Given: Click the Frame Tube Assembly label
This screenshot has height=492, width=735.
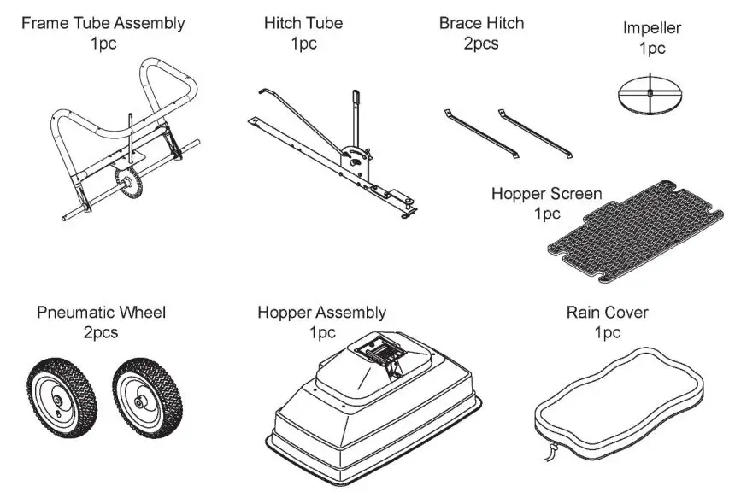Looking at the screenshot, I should (103, 23).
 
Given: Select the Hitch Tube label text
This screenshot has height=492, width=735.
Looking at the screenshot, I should (303, 23).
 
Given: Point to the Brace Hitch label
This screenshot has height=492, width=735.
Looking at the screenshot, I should (481, 23).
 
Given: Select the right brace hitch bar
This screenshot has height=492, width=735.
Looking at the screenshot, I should (536, 132).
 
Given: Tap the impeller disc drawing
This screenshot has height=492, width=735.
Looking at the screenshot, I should (650, 94).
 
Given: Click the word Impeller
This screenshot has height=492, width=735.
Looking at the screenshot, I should (651, 29).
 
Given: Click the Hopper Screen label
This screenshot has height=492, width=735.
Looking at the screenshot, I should (546, 194).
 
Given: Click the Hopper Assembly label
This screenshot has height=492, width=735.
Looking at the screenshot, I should (321, 313).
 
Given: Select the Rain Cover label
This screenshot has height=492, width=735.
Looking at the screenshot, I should (607, 313).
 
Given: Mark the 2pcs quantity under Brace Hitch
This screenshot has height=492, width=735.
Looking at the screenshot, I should (481, 44).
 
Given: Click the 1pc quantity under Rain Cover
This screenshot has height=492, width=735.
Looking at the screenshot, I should (607, 332).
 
